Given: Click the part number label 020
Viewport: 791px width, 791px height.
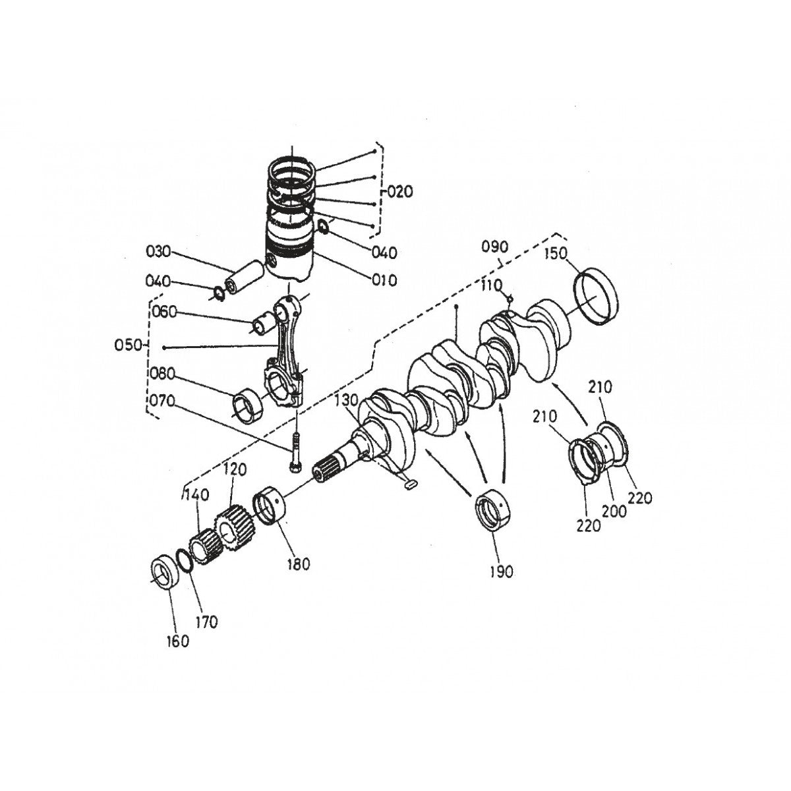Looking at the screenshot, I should [x=399, y=192].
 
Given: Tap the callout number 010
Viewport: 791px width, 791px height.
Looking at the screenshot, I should [x=384, y=280].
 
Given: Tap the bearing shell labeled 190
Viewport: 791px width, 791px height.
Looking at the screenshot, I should [x=494, y=511].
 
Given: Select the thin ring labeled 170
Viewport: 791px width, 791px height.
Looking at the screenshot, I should [x=186, y=559].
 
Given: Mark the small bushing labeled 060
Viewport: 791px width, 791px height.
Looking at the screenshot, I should [x=266, y=323].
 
